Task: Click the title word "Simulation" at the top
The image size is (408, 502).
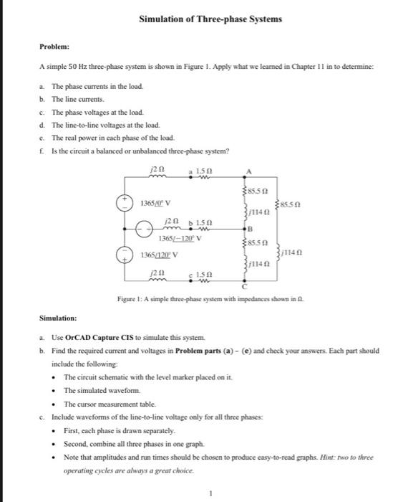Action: [162, 19]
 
